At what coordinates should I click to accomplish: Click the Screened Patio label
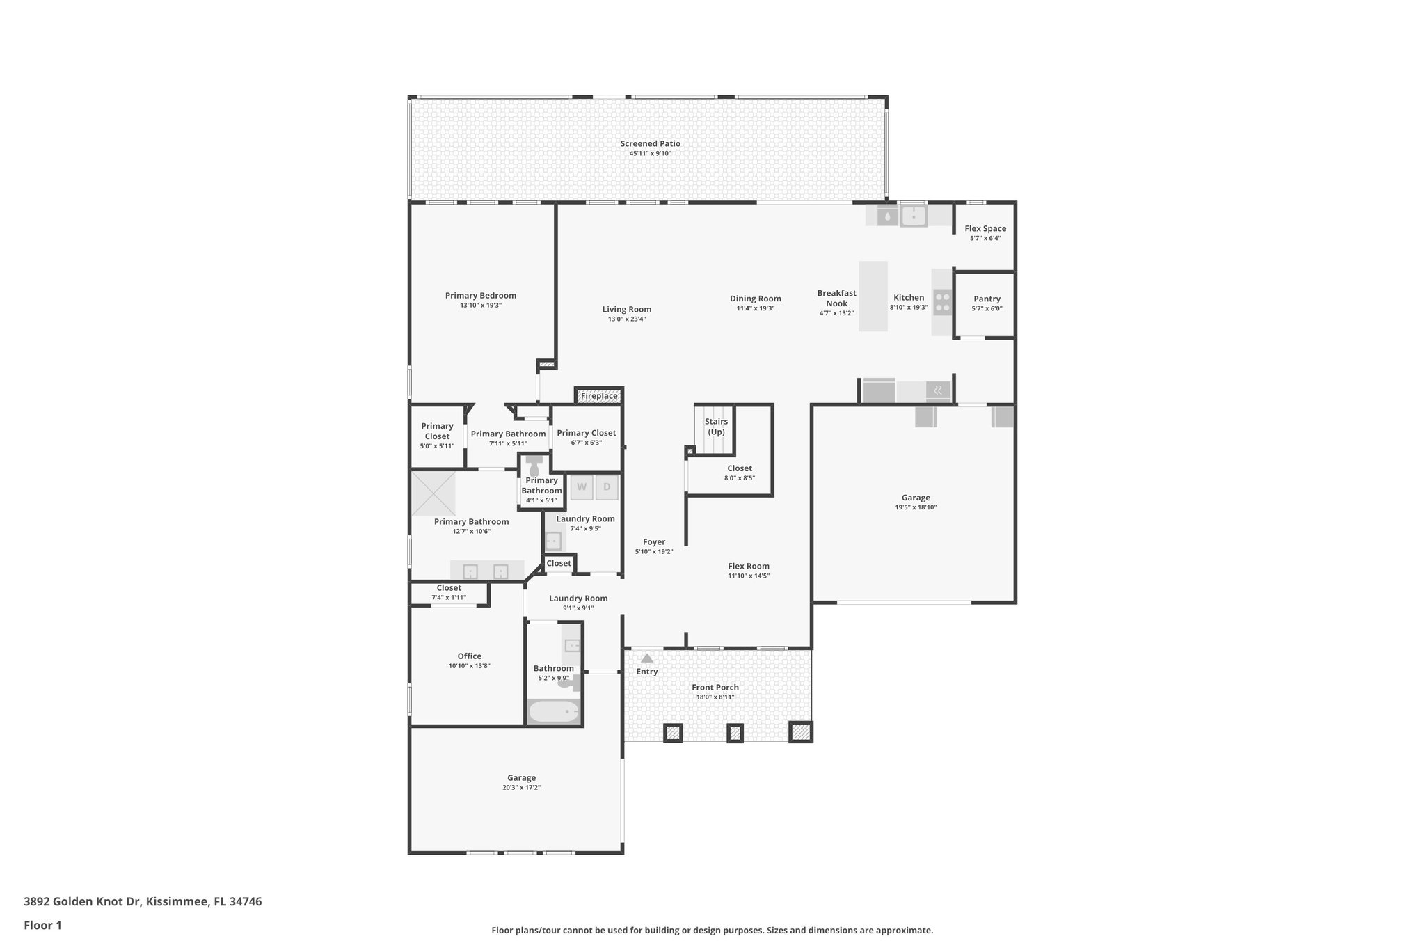pos(650,143)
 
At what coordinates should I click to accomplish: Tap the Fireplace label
pos(598,396)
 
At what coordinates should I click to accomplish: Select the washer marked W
pos(582,487)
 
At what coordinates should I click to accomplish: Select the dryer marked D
pos(607,487)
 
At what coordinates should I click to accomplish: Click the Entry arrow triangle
pos(647,658)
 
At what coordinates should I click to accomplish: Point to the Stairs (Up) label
pos(716,426)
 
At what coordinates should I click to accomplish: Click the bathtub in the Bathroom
pos(554,711)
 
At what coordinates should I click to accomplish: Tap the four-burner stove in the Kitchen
pos(942,302)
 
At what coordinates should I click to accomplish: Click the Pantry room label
pos(987,299)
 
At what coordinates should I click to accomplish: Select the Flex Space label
pos(985,228)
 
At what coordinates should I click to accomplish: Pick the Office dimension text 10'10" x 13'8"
pos(469,666)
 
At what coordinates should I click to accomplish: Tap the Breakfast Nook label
pos(836,298)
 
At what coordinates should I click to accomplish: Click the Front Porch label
pos(715,687)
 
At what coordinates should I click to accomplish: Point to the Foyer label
pos(653,541)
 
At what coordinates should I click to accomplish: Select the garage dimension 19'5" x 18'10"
pos(916,507)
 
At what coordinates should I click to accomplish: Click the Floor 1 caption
pos(42,925)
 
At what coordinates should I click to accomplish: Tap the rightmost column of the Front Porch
pos(800,732)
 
